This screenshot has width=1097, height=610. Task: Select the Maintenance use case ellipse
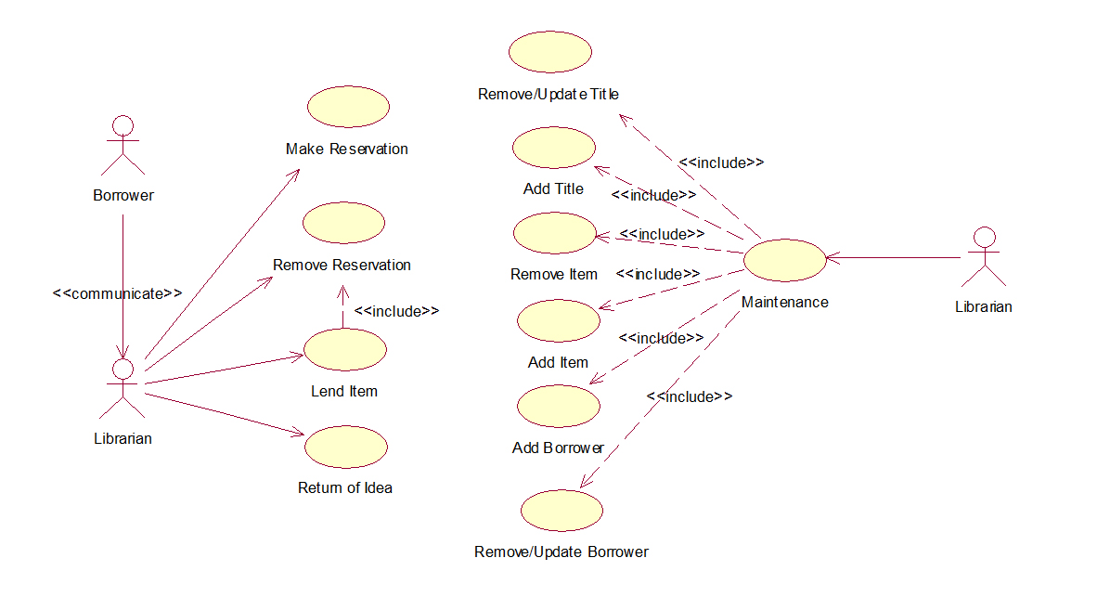tap(785, 260)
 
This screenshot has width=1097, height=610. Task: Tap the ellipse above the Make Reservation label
tap(348, 107)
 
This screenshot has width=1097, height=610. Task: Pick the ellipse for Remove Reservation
tap(343, 223)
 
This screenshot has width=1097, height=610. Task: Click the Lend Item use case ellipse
tap(345, 349)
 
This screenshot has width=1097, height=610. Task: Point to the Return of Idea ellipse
tap(346, 447)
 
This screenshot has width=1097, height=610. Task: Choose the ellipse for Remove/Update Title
tap(550, 52)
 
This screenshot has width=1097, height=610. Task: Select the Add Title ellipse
tap(554, 148)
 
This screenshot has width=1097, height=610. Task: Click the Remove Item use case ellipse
tap(555, 233)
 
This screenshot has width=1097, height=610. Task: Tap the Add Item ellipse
tap(559, 320)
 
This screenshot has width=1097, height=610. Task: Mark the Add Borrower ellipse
tap(559, 406)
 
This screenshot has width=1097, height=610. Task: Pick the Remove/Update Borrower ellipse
tap(561, 511)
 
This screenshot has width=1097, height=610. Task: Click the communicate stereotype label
tap(118, 293)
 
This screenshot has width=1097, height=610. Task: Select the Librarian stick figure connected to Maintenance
tap(985, 257)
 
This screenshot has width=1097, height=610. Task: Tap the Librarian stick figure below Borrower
tap(123, 388)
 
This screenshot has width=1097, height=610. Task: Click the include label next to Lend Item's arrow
tap(396, 311)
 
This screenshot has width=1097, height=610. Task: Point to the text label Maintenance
tap(785, 302)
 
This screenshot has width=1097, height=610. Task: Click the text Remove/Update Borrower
tap(561, 552)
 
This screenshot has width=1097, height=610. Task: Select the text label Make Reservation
tap(347, 149)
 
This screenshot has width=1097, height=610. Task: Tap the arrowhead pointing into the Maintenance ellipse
tap(832, 257)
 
